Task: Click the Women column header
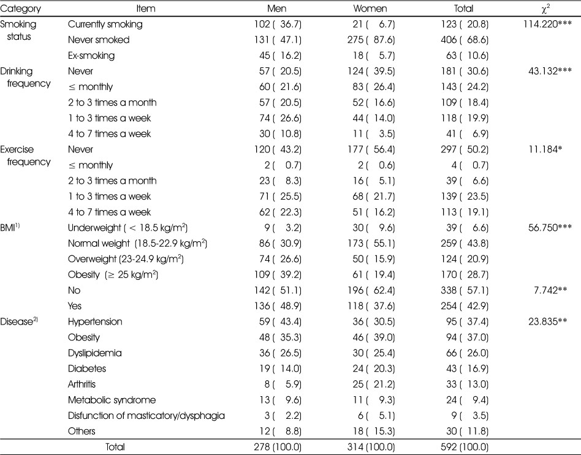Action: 370,9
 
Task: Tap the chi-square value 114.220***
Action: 547,24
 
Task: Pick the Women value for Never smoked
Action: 371,40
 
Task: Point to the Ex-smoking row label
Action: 91,56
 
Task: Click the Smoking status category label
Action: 18,31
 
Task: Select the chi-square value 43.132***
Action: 550,70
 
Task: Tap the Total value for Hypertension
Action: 467,322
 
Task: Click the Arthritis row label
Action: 82,384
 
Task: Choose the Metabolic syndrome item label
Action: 112,400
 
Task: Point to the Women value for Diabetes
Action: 373,369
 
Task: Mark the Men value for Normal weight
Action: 280,243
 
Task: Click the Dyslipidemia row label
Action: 94,353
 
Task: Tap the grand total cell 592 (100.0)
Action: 465,447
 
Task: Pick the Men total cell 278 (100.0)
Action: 278,447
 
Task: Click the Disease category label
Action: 19,321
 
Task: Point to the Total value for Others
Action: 467,431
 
